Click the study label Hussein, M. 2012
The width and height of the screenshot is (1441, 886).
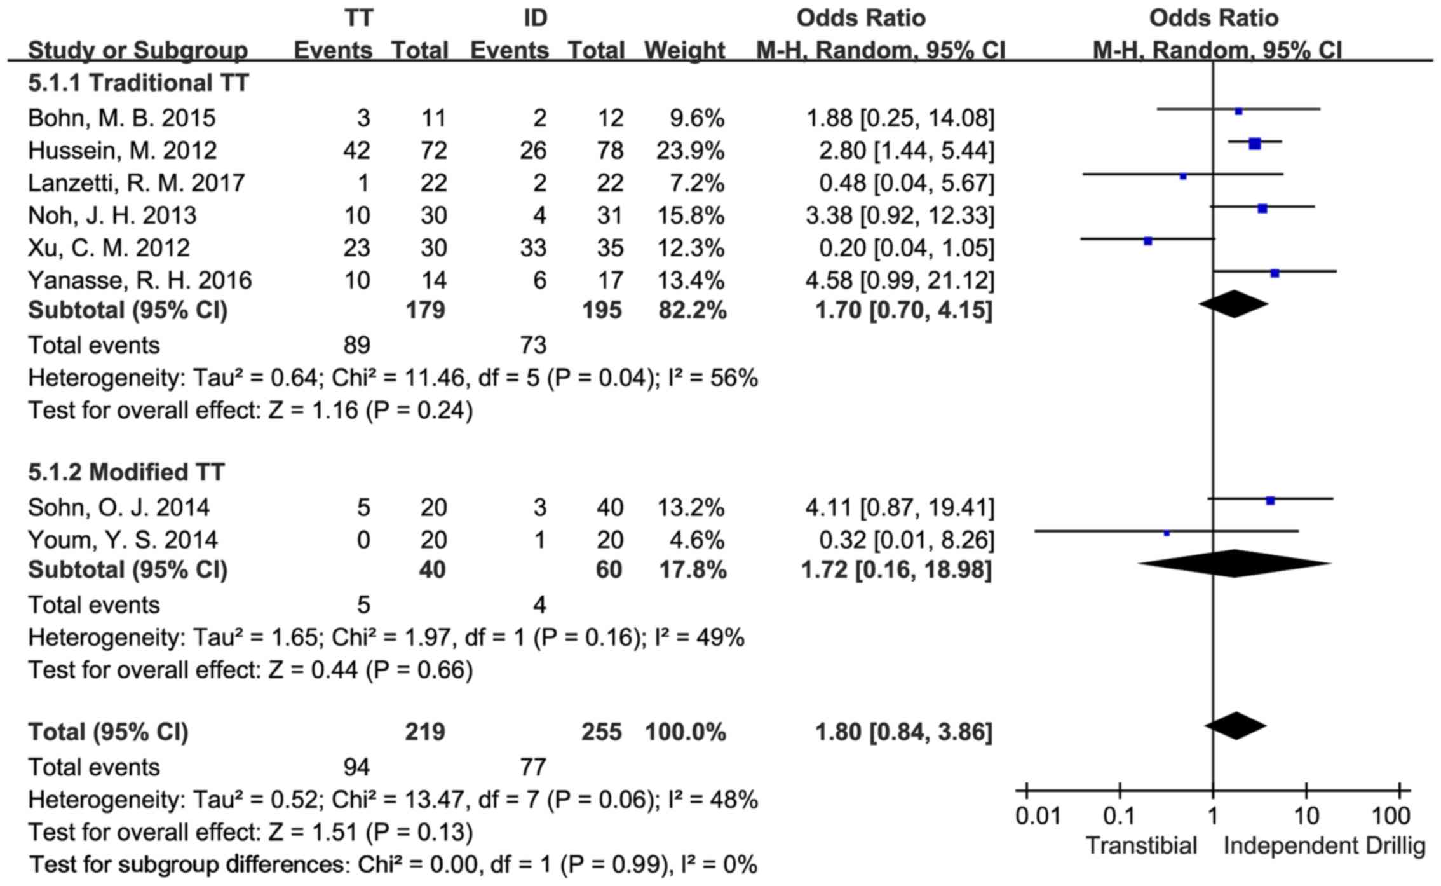pos(123,151)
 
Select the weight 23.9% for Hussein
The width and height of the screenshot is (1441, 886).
pos(690,151)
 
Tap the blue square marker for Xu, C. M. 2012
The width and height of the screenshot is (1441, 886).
pos(1147,241)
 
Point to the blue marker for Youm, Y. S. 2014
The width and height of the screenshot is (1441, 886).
pos(1167,533)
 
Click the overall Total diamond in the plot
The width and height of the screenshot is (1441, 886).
pos(1235,726)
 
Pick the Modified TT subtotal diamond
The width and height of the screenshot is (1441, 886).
pos(1234,564)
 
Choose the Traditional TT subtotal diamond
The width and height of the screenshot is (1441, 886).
pos(1234,304)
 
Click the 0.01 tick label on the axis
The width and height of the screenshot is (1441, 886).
pos(1038,816)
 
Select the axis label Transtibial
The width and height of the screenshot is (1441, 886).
pos(1141,846)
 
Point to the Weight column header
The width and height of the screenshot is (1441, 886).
pos(684,50)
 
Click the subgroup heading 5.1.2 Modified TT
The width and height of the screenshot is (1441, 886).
pos(126,472)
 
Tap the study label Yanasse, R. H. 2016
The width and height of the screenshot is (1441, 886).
pos(140,280)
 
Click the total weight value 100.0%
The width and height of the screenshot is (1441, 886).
pos(685,732)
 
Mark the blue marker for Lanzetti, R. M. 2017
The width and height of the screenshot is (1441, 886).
pos(1183,176)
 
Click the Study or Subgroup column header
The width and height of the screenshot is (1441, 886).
pos(138,50)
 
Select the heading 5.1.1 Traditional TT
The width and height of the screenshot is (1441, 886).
pos(139,83)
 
